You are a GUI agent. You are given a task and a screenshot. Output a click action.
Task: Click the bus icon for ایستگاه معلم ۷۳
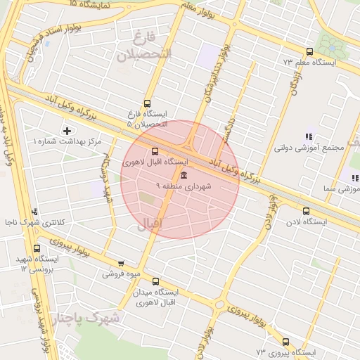[x=309, y=51]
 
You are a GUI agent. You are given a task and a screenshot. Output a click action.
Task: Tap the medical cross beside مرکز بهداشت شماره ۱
[x=67, y=131]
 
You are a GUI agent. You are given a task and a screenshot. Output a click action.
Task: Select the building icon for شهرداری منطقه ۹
[x=184, y=175]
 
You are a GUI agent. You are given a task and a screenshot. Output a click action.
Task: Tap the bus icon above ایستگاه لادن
[x=306, y=211]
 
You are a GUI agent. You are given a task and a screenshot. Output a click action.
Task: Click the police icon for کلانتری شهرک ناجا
[x=35, y=212]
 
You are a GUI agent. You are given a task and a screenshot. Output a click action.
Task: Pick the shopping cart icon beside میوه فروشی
[x=121, y=264]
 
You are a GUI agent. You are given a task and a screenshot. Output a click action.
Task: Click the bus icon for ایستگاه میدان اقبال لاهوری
[x=155, y=281]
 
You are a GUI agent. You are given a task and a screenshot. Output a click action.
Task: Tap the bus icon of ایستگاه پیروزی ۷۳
[x=285, y=342]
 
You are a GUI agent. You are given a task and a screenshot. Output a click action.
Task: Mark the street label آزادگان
[x=296, y=84]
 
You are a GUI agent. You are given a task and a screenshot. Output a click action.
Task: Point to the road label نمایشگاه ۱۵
[x=92, y=4]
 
